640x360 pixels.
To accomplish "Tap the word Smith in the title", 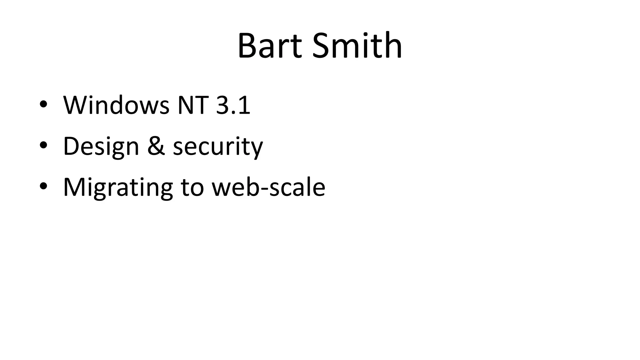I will tap(357, 46).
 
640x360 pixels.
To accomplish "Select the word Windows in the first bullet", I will tap(116, 105).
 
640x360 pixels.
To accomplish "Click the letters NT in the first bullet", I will tap(192, 105).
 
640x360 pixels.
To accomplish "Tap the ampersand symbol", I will tap(156, 146).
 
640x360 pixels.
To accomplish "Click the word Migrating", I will tap(118, 187).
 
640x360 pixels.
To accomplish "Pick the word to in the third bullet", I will tap(192, 187).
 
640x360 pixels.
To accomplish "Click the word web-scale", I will tap(268, 187).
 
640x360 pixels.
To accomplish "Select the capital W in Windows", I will tap(75, 105).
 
